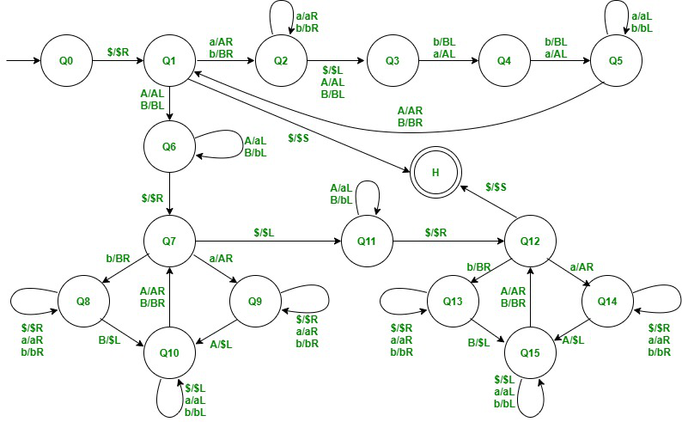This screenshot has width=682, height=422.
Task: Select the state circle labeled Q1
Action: [x=169, y=62]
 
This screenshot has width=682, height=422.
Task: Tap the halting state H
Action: [x=435, y=172]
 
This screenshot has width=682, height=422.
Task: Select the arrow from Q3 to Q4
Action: [x=449, y=62]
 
